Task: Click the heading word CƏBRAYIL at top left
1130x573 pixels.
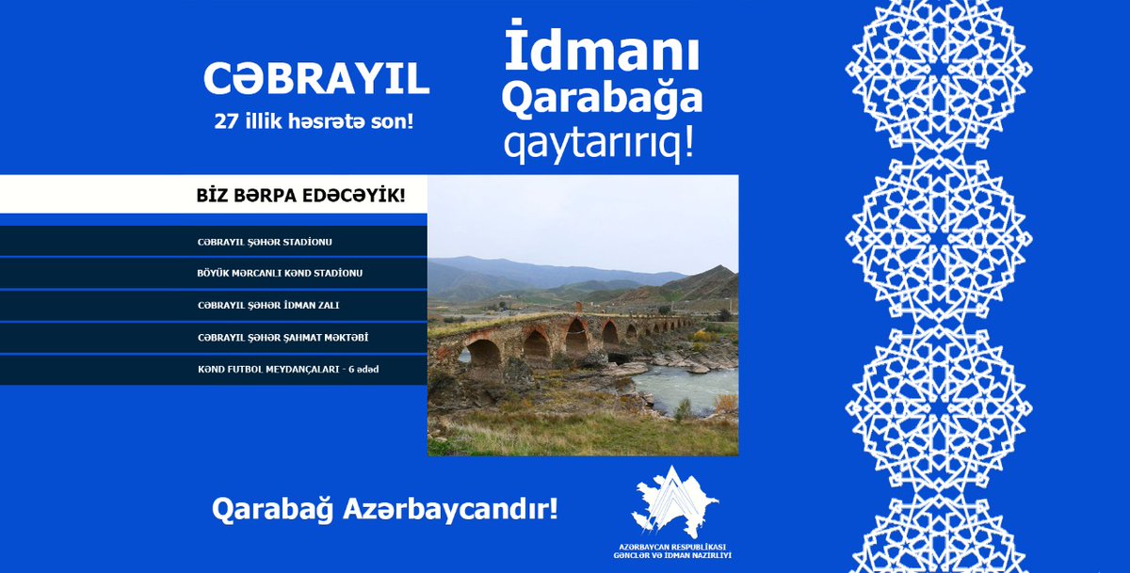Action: [x=316, y=81]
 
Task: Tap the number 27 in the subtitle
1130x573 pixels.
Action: [x=228, y=121]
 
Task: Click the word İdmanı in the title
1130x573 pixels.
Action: [x=602, y=55]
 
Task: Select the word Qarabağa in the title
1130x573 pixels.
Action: [x=602, y=101]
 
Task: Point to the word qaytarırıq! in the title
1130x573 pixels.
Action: [x=602, y=144]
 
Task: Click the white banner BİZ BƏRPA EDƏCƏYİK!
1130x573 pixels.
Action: [x=300, y=196]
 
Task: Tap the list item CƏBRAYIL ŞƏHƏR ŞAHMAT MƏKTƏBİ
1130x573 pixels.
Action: [x=275, y=337]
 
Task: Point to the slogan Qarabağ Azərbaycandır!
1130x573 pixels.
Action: [x=385, y=509]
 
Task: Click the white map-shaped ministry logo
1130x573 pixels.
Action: [x=674, y=500]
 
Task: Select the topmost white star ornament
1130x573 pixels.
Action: [x=939, y=71]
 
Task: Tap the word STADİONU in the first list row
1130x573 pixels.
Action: [x=306, y=242]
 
